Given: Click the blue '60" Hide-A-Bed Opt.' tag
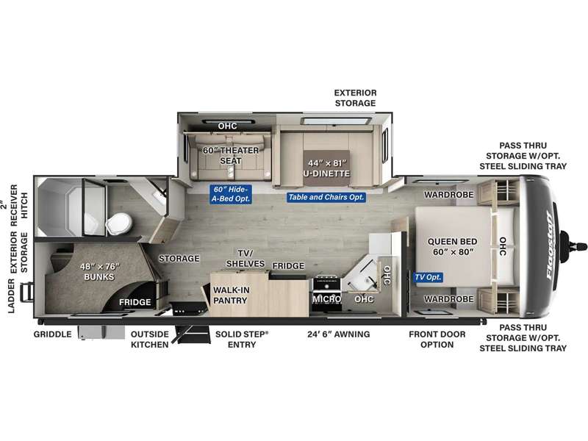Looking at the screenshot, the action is (x=231, y=194).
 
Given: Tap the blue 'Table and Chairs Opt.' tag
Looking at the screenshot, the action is (x=326, y=197).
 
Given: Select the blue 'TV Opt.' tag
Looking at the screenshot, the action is (x=429, y=278).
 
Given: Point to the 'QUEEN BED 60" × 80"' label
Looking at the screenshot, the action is (x=452, y=246).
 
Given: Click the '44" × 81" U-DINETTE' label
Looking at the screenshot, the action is (x=326, y=168).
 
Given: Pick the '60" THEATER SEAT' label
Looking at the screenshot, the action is (x=231, y=155).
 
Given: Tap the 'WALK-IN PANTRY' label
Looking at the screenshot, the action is (x=231, y=295).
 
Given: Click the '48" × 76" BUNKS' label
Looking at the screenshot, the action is (x=99, y=271).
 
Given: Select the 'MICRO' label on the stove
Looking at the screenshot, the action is (x=326, y=299).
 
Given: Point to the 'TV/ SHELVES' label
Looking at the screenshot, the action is (x=245, y=259).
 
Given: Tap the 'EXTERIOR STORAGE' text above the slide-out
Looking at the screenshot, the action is (x=355, y=98).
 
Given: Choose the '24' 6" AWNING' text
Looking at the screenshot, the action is (x=339, y=334).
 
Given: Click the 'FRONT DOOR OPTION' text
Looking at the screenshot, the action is (x=437, y=340).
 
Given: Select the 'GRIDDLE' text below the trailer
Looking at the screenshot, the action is (x=52, y=334).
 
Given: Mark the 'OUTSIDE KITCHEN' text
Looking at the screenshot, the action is (x=150, y=340).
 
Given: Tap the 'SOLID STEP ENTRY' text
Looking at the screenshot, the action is (x=242, y=340).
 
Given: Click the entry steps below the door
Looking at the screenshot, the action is (x=192, y=334).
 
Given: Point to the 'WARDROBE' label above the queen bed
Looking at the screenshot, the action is (x=449, y=195).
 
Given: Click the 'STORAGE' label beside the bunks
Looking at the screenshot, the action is (x=179, y=259).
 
